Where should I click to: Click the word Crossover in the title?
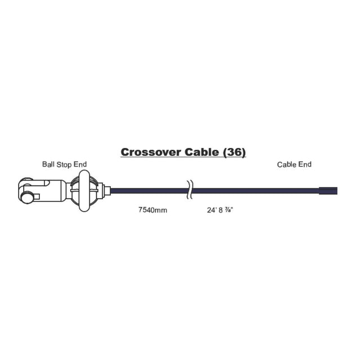point(151,152)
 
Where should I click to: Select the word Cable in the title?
point(201,152)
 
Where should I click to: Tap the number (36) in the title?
point(234,152)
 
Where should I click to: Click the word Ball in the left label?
point(48,164)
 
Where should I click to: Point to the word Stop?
point(64,165)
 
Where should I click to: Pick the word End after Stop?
point(80,164)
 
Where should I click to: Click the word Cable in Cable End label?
point(286,164)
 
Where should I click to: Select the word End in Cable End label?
point(305,164)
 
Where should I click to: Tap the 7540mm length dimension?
point(152,210)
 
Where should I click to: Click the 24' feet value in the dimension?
point(212,210)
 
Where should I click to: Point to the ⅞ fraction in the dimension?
point(228,210)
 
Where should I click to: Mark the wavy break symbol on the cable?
point(190,190)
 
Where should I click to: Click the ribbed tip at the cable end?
point(328,191)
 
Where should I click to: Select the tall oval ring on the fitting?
point(84,191)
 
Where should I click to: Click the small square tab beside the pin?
point(37,196)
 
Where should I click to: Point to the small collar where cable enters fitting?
point(107,191)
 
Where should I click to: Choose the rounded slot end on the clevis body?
point(47,183)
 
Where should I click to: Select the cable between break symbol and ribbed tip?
point(256,191)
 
